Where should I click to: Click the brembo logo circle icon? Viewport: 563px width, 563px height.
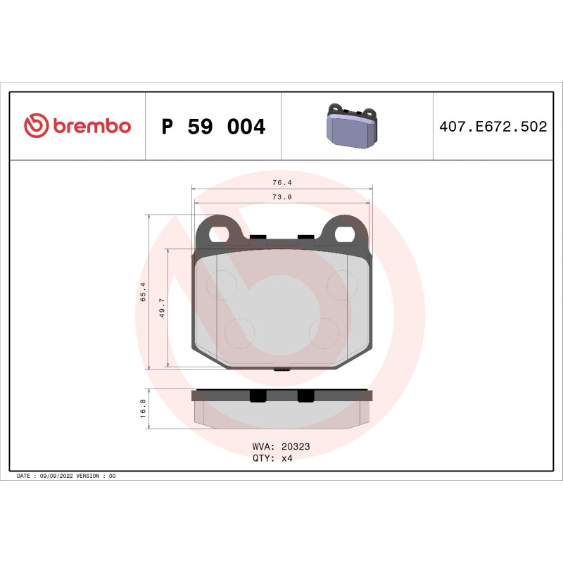[36, 126]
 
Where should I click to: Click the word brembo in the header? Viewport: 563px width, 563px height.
[91, 127]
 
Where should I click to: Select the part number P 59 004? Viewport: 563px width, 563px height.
[213, 127]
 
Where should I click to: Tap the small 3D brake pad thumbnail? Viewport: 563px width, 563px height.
[351, 127]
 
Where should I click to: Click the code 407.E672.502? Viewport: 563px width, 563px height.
[493, 127]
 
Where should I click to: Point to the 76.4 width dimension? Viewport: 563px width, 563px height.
[282, 182]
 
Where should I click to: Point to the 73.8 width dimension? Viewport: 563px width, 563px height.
[282, 197]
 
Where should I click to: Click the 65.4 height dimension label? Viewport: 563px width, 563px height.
[143, 291]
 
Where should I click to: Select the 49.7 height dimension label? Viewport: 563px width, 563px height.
[162, 308]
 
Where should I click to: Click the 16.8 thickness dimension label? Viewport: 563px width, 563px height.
[143, 409]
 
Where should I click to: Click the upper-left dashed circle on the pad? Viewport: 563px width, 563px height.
[220, 284]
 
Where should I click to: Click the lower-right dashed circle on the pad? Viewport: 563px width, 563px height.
[324, 331]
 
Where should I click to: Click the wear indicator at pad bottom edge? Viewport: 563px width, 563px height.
[282, 369]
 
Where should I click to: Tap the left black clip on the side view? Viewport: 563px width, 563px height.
[258, 396]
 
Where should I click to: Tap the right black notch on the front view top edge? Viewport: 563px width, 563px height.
[306, 236]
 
